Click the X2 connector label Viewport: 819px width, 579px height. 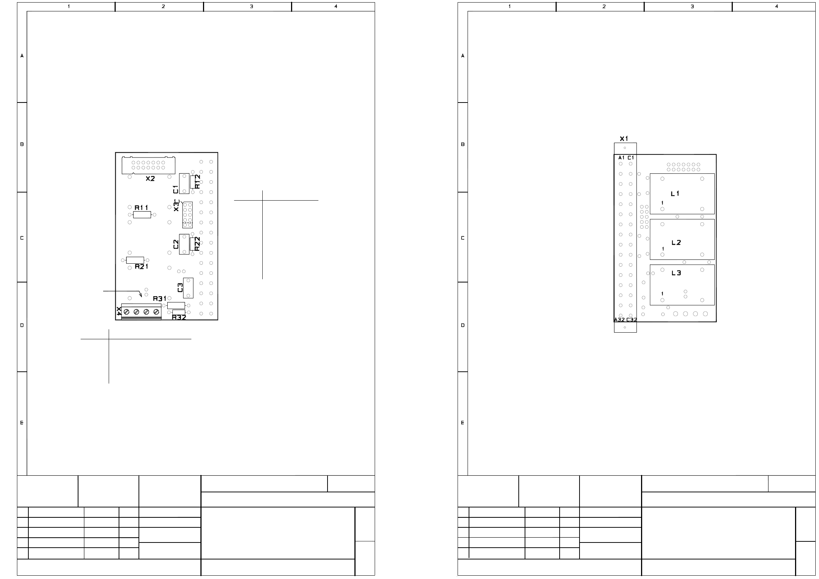pos(150,178)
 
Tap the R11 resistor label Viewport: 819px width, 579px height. pos(141,208)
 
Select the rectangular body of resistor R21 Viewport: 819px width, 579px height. pos(135,260)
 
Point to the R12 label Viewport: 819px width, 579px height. pos(197,181)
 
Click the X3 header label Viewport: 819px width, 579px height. pos(176,205)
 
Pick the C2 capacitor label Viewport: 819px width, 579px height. pos(176,244)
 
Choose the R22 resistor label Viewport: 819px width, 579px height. pos(197,244)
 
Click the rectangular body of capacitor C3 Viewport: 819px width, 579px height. pos(188,288)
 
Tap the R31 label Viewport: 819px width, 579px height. pos(160,298)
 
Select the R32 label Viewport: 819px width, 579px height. pos(179,317)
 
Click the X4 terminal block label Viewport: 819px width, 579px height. pos(119,311)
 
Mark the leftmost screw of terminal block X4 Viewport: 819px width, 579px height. pos(126,312)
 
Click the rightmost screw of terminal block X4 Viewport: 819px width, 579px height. pos(156,312)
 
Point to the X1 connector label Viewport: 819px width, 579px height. pos(624,139)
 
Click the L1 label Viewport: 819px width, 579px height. pos(675,194)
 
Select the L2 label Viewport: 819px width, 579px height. pos(676,243)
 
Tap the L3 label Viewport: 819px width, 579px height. pos(676,273)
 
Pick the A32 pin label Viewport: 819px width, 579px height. pos(619,320)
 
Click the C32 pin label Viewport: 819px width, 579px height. pos(631,320)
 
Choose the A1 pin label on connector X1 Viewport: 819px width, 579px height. pos(622,158)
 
